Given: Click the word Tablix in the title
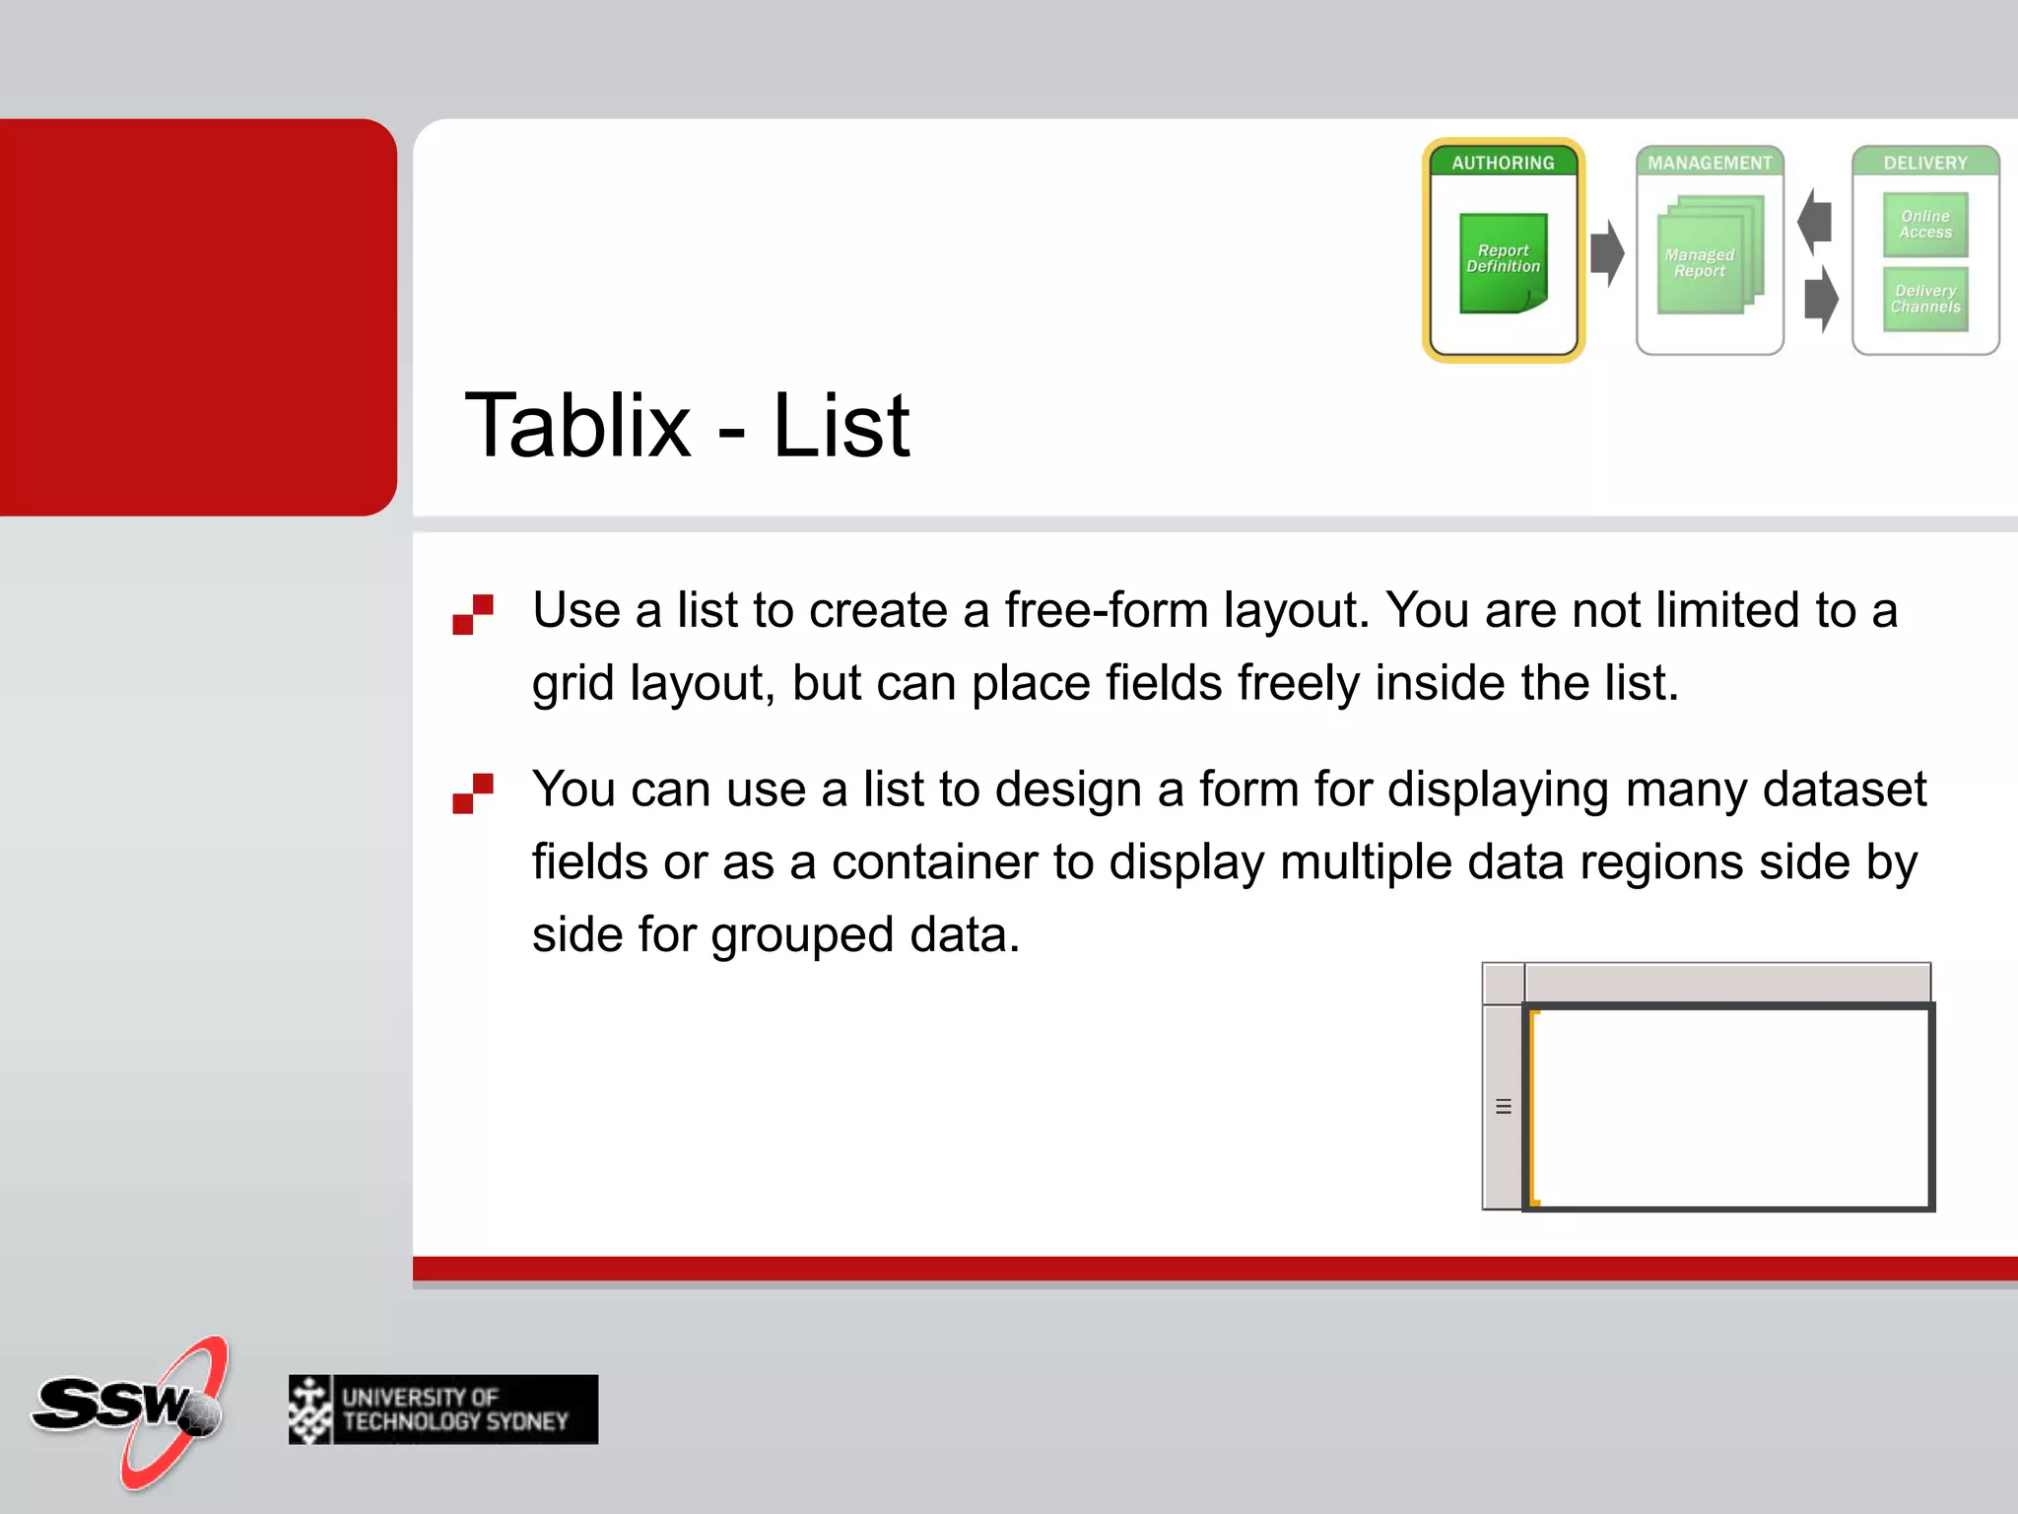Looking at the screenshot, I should point(577,426).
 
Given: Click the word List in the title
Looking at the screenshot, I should point(841,426).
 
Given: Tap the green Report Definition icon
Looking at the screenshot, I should point(1503,262).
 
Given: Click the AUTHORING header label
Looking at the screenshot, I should point(1503,163).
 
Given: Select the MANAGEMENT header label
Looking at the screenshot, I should point(1710,163).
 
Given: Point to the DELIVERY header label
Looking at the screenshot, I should point(1924,163).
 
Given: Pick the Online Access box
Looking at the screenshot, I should point(1924,225).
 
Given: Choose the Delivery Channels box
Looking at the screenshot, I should point(1924,299).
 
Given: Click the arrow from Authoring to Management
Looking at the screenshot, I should point(1607,253).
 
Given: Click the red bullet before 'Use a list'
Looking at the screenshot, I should point(473,614).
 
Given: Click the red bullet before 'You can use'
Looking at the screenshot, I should point(473,793).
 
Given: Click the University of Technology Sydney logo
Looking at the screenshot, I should point(443,1410).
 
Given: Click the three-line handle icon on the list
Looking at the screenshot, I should point(1503,1106).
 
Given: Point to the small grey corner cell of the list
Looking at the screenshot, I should point(1504,984).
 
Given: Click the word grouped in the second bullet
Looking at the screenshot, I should point(802,935).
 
